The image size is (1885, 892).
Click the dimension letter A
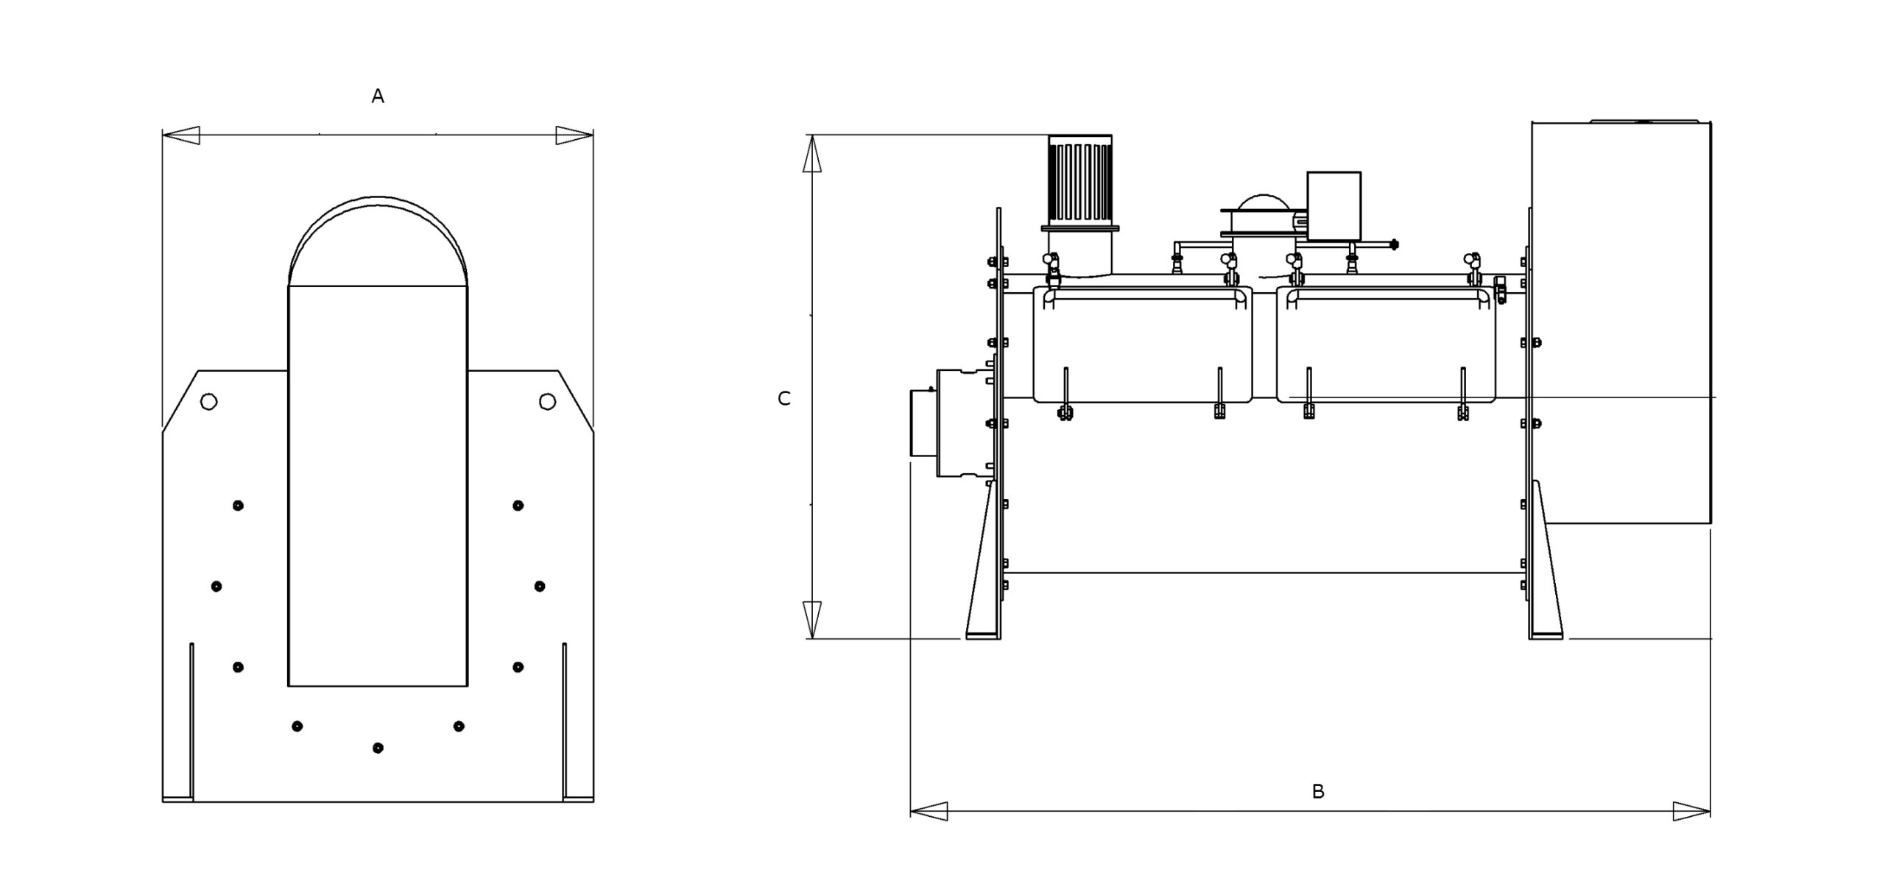point(378,96)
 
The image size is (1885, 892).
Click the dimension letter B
point(1318,791)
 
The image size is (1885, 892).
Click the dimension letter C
point(784,398)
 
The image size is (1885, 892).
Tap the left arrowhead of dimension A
point(181,135)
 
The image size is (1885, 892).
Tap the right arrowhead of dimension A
point(574,135)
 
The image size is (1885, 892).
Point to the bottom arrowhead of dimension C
point(811,620)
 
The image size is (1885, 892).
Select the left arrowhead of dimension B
point(929,812)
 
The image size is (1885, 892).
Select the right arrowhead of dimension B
point(1691,812)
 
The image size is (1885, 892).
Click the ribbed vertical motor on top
point(1079,180)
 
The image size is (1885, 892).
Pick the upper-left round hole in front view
point(209,402)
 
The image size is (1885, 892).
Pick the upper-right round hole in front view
point(547,401)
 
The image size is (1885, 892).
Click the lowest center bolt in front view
point(378,748)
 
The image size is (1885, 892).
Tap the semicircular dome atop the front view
point(378,243)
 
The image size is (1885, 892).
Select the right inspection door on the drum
point(1386,344)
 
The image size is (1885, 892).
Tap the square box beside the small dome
point(1333,205)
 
